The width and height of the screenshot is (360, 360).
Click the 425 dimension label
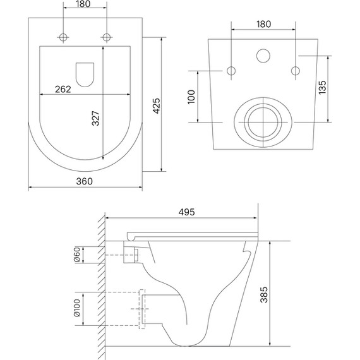click(157, 106)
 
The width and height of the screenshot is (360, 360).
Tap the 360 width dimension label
click(85, 181)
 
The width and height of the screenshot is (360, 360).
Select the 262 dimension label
click(63, 89)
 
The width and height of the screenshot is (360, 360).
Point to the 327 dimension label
click(96, 119)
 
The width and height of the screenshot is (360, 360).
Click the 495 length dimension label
click(187, 212)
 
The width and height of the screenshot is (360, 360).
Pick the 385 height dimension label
click(264, 294)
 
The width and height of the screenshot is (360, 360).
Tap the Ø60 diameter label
click(77, 255)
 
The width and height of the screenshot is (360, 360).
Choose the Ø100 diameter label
click(77, 308)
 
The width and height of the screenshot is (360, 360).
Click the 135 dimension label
click(322, 87)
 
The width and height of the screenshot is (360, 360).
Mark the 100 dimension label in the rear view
click(191, 97)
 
